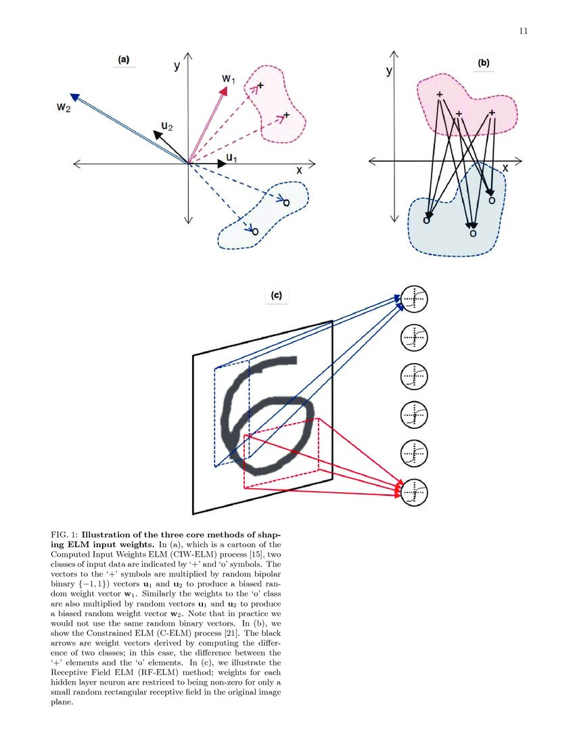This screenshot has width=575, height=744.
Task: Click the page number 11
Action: point(523,30)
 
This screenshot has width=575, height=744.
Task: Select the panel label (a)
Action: point(123,60)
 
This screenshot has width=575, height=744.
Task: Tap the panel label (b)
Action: point(483,63)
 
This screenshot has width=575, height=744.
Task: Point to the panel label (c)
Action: point(277,295)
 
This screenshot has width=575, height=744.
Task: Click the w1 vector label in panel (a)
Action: point(228,79)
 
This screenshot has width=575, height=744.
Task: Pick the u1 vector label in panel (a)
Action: point(232,158)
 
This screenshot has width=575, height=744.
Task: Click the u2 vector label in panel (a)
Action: point(166,126)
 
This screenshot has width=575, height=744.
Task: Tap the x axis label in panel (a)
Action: point(298,170)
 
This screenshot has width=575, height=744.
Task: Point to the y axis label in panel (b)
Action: point(389,71)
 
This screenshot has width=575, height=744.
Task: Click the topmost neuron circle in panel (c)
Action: point(414,299)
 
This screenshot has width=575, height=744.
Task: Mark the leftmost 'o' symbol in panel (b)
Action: point(426,220)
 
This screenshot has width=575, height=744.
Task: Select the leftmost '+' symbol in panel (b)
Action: point(440,95)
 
